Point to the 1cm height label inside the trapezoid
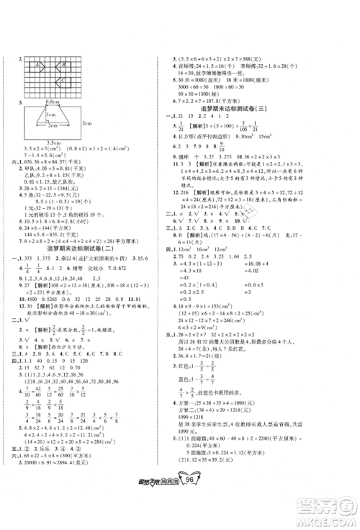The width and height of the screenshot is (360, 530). click(x=48, y=116)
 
